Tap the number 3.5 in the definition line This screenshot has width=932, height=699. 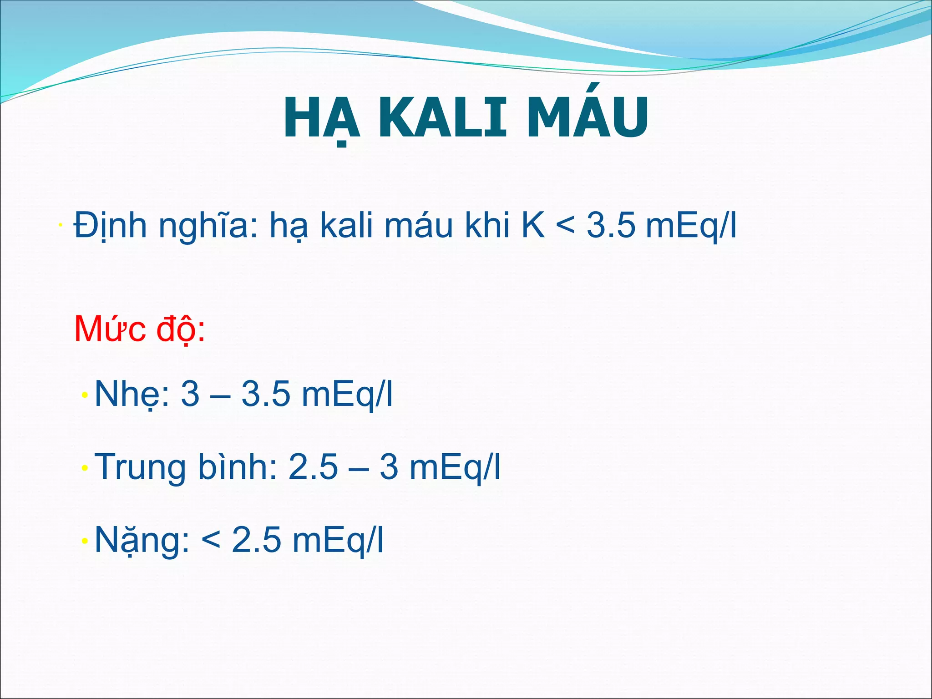point(610,225)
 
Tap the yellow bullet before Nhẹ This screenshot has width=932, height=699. point(85,395)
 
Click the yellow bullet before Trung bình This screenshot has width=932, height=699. point(85,468)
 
